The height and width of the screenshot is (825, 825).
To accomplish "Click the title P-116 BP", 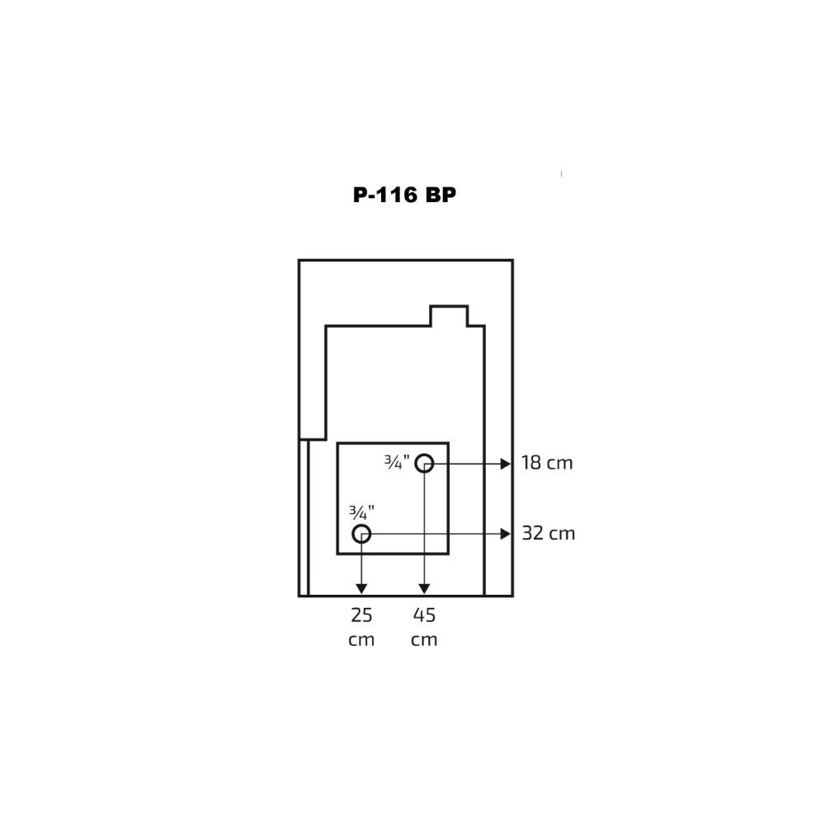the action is coord(404,195).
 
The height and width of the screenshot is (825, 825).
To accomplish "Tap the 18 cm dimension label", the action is coord(547,463).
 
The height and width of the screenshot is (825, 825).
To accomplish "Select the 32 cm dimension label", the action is coord(549,534).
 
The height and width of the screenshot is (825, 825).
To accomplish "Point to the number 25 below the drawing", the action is coord(361,615).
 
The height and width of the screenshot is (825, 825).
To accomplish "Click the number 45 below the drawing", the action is coord(424,615).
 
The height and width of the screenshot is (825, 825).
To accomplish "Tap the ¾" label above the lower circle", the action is coord(361,512).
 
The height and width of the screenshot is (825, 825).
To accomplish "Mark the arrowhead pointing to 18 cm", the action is coord(506,464).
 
